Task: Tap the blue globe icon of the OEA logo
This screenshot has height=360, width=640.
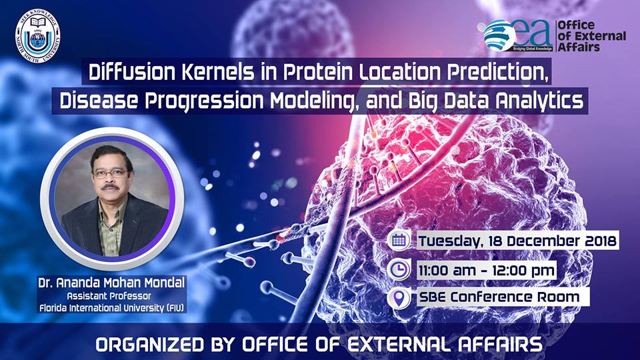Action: [x=499, y=36]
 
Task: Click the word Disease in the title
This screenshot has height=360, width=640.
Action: [x=99, y=101]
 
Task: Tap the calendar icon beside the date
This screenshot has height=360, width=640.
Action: [x=399, y=240]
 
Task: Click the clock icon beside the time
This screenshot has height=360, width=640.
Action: [x=399, y=269]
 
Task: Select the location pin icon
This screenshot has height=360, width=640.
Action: [x=399, y=298]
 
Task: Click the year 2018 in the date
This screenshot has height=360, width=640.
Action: [x=600, y=241]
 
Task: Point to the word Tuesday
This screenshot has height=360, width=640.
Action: [x=443, y=241]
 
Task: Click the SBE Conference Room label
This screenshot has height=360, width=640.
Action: [x=499, y=297]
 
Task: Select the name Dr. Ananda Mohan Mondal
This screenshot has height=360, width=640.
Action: [x=111, y=283]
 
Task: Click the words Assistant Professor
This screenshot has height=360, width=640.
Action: [x=109, y=296]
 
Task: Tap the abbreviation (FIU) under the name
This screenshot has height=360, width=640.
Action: [x=175, y=307]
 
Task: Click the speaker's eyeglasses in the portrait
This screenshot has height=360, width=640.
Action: [x=111, y=173]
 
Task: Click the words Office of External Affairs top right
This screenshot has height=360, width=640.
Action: [x=591, y=36]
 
